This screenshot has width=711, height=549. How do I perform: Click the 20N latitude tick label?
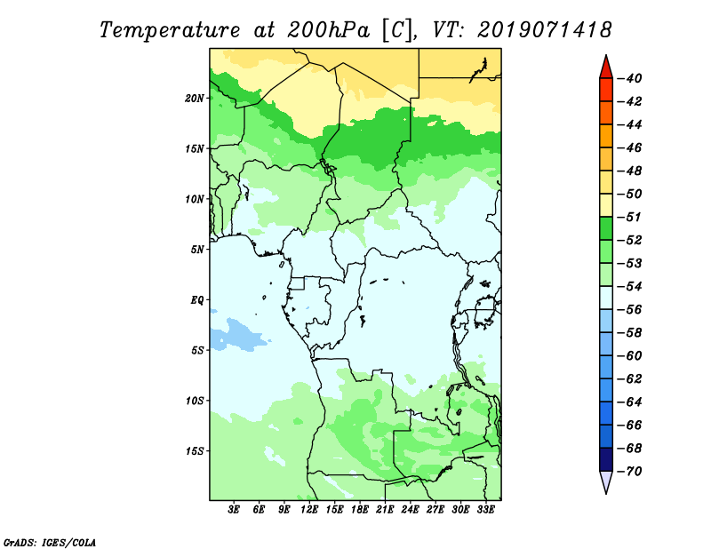pos(195,99)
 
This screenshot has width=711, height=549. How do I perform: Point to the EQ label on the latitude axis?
pos(197,300)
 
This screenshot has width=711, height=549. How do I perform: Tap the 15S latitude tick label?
pos(195,451)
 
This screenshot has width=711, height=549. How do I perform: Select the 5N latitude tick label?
pos(197,250)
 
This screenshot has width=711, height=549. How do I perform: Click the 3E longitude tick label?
pos(234,509)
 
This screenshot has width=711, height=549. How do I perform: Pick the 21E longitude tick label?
pos(385,509)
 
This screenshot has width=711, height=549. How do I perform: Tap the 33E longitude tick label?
pos(485,509)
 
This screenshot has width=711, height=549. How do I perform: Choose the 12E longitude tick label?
pos(308,509)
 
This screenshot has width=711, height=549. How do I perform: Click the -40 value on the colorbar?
pos(630,78)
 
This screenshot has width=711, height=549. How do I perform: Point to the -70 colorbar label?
pos(630,472)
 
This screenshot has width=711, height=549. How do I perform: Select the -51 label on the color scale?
pos(630,217)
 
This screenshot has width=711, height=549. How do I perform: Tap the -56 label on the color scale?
pos(630,310)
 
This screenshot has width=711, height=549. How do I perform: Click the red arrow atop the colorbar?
pos(606,68)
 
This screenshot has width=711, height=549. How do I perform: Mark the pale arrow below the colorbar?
pos(606,481)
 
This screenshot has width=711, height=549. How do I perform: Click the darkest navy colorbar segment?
pos(606,459)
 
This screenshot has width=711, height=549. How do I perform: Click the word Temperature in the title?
pos(170,31)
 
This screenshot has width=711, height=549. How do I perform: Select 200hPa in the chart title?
pos(328,30)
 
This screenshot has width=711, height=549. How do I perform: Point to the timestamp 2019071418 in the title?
pos(544,30)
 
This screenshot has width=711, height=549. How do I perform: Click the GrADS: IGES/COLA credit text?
pos(50,542)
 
